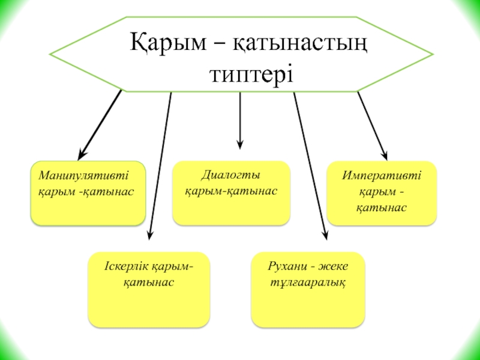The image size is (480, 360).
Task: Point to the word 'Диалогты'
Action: [230, 176]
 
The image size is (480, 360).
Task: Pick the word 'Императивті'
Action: [382, 176]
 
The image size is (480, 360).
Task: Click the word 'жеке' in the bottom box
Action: [335, 266]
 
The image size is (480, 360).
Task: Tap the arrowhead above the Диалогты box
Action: [240, 144]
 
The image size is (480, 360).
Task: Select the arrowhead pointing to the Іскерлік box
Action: [150, 233]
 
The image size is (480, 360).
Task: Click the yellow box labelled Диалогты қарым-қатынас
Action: [231, 193]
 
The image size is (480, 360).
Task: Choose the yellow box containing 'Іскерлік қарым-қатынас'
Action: [149, 289]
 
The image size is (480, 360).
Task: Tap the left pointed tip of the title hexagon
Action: [50, 55]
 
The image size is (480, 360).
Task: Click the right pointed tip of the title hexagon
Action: [432, 55]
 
